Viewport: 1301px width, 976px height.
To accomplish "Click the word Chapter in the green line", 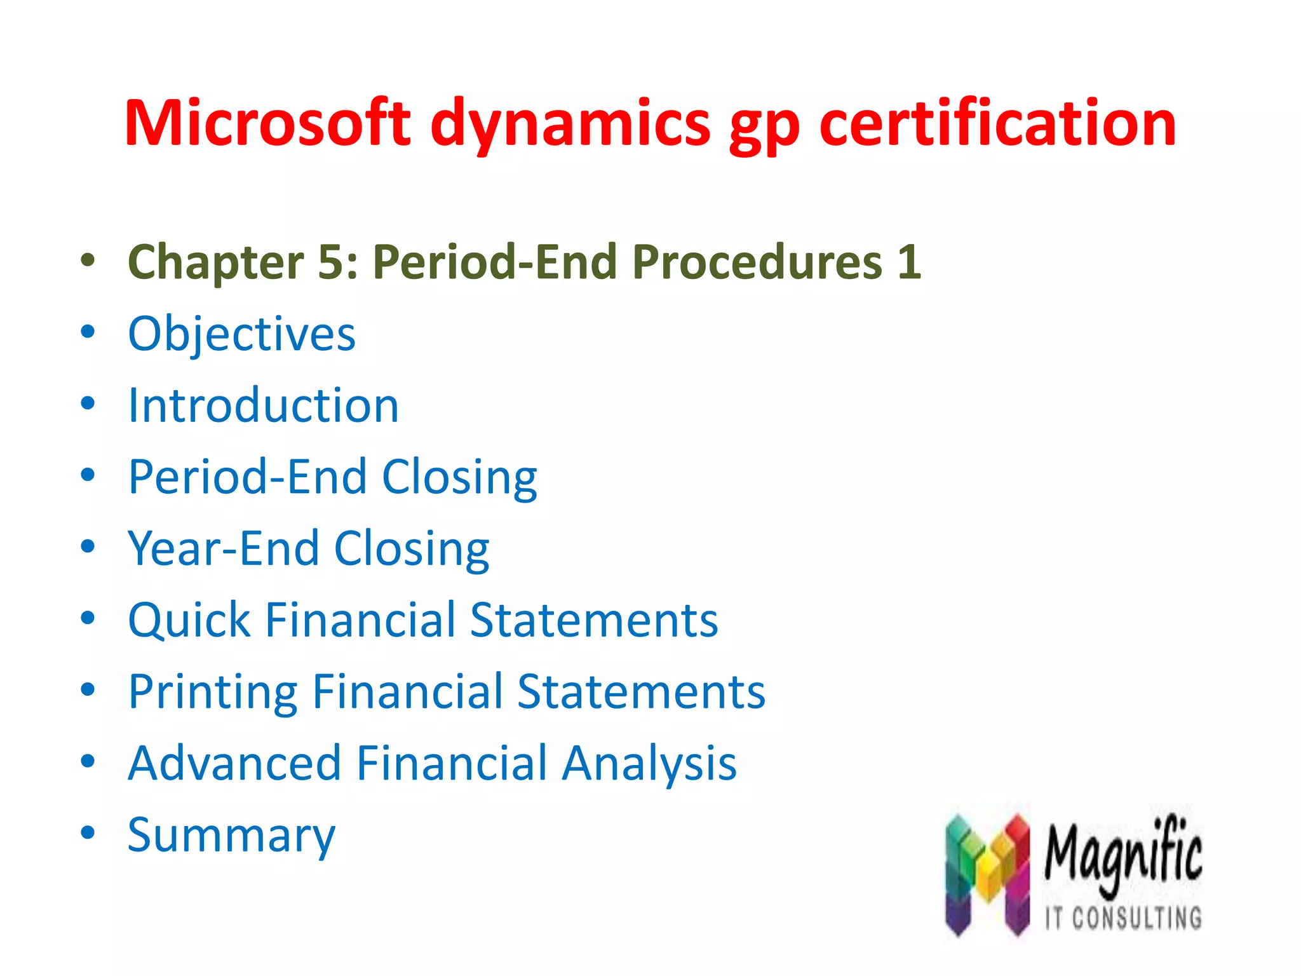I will tap(216, 262).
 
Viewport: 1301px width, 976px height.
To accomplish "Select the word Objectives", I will tap(241, 334).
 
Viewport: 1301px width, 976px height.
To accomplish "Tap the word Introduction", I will tap(263, 405).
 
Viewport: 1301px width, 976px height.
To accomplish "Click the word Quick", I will tap(189, 620).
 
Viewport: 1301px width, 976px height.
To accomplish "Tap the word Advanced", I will tap(234, 762).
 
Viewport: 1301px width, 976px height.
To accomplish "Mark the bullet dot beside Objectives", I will tap(88, 331).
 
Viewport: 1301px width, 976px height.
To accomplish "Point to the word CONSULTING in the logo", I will tap(1137, 918).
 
